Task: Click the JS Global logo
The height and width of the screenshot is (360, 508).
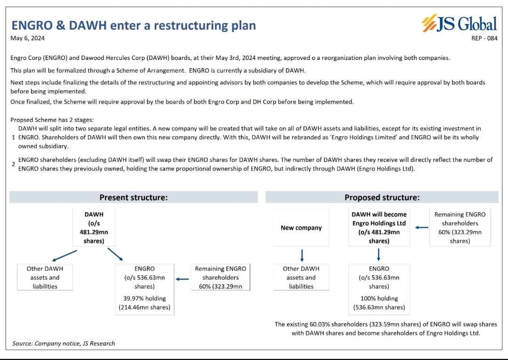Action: click(x=459, y=24)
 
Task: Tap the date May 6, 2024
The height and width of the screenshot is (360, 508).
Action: click(x=31, y=38)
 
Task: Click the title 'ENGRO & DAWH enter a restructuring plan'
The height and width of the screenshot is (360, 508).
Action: click(x=134, y=25)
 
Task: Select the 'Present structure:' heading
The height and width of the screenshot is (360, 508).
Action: click(x=134, y=198)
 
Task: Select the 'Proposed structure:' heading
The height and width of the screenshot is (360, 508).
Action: click(x=381, y=198)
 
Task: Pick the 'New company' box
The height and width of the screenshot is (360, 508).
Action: click(x=301, y=228)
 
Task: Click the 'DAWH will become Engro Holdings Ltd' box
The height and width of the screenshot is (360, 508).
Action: click(x=379, y=228)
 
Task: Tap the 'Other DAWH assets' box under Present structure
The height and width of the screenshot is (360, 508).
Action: click(x=45, y=277)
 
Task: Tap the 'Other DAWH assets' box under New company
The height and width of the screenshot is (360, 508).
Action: click(x=301, y=277)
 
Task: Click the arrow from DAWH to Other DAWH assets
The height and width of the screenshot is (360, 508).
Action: click(x=64, y=256)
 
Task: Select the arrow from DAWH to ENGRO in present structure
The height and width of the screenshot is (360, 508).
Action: click(x=115, y=254)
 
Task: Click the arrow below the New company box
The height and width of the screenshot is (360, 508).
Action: click(x=302, y=255)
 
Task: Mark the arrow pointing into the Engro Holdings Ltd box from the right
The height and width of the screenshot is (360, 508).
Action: click(x=421, y=228)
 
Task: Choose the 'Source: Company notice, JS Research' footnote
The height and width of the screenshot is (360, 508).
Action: click(x=63, y=344)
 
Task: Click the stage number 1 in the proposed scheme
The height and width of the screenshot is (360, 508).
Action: click(x=14, y=137)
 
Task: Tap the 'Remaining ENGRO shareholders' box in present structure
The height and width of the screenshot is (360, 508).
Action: click(x=221, y=277)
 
